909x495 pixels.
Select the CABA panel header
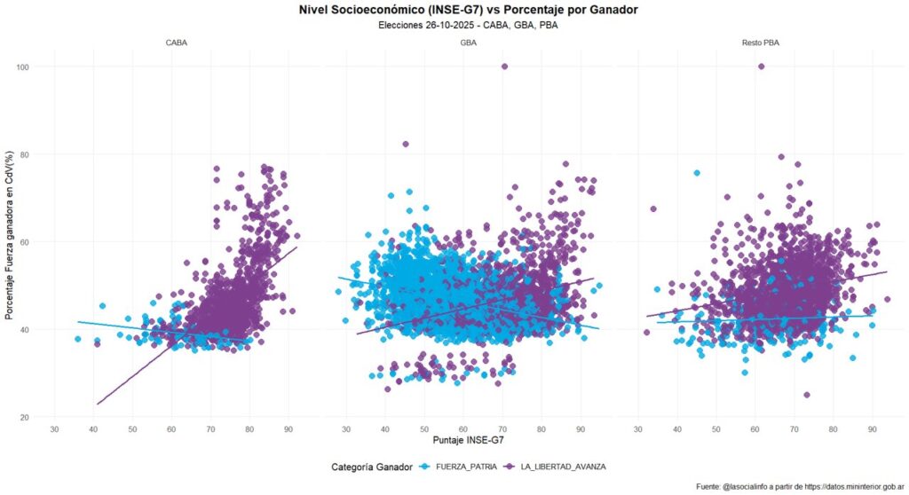[x=176, y=43]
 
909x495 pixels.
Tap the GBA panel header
[x=468, y=43]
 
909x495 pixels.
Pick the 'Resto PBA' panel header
[x=760, y=43]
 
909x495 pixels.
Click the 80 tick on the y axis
[x=25, y=154]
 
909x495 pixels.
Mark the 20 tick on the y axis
[x=25, y=417]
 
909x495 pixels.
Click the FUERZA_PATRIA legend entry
[x=453, y=466]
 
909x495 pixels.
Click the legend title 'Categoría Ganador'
[x=370, y=466]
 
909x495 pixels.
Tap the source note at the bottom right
[x=800, y=486]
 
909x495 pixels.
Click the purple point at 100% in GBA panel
[x=505, y=67]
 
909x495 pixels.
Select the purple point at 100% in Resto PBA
[x=761, y=67]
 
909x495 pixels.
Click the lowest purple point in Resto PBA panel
[x=806, y=395]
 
